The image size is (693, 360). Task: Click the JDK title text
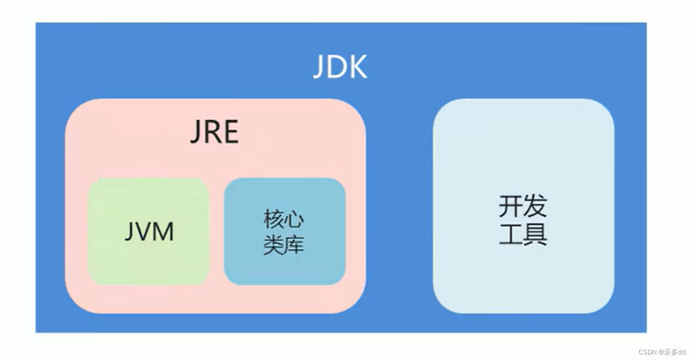(340, 67)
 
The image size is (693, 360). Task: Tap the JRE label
(214, 132)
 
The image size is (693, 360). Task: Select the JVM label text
(149, 232)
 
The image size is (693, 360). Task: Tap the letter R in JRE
(213, 132)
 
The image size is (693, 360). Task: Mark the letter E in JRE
(230, 132)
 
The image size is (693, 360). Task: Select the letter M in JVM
(164, 232)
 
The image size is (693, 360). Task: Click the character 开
(511, 206)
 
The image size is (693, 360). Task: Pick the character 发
(535, 206)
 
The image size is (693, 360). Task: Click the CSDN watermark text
(647, 352)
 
